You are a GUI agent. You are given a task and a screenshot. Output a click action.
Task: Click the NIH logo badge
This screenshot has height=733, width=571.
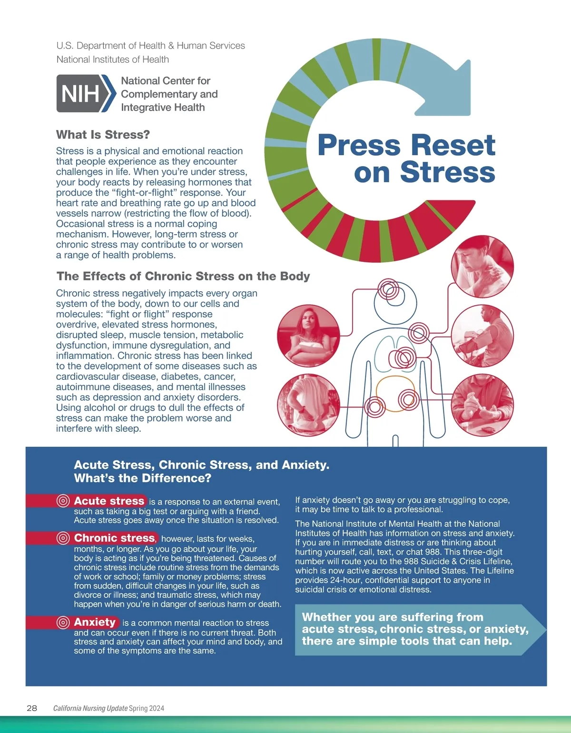click(86, 93)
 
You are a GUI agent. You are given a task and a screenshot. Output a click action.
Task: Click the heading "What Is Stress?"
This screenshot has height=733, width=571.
click(103, 135)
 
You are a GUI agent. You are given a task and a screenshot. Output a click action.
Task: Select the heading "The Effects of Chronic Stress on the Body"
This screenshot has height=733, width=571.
click(183, 276)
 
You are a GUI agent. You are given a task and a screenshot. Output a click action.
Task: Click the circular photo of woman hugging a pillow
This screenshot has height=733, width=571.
click(308, 335)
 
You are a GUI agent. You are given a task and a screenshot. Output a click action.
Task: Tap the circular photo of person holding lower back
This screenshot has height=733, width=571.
click(308, 406)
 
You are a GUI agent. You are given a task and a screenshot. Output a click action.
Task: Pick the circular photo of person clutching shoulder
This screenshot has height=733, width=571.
click(482, 266)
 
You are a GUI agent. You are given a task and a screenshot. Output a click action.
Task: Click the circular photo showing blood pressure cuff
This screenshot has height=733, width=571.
click(482, 336)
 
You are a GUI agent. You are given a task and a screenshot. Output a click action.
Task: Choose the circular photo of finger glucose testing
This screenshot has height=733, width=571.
click(482, 405)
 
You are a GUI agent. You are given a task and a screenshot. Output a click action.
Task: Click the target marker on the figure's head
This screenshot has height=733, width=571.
click(388, 289)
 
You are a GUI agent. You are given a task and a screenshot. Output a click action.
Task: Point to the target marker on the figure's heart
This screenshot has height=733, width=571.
click(405, 358)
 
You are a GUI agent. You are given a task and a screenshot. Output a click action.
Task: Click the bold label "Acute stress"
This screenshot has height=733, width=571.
click(109, 501)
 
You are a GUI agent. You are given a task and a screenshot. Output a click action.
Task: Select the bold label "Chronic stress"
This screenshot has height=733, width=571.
click(115, 538)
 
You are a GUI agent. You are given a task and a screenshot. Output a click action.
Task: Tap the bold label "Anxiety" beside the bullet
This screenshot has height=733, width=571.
click(95, 622)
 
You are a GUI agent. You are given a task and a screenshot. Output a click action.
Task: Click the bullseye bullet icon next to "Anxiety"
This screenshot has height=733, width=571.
click(63, 623)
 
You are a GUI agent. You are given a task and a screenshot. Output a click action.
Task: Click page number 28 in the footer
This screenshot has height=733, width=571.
click(32, 708)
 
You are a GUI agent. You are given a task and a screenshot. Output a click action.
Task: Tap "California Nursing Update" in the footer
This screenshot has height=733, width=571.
click(90, 708)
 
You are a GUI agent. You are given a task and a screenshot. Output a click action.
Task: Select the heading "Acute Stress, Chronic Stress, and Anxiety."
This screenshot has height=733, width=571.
click(202, 465)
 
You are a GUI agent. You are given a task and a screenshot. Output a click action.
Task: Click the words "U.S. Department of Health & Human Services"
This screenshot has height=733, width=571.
click(150, 46)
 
